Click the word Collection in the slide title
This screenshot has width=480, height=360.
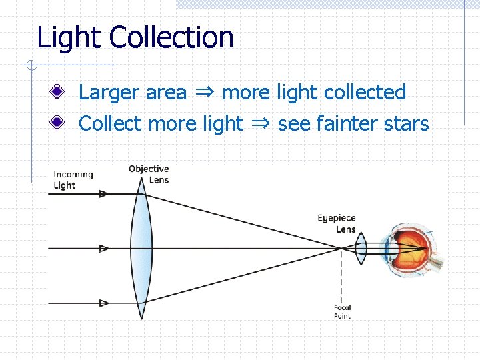(172, 37)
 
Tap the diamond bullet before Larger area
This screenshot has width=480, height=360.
(60, 92)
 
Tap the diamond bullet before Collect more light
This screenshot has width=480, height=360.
(60, 123)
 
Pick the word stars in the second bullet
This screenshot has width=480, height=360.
(406, 123)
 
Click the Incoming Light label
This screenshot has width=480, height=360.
(73, 180)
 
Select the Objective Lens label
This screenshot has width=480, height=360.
(149, 174)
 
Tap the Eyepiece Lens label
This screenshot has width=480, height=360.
(337, 223)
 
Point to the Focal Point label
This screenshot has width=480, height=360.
(342, 311)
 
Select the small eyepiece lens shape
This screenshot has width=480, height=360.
(361, 249)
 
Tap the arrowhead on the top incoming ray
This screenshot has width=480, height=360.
(103, 194)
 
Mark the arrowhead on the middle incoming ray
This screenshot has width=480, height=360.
(103, 249)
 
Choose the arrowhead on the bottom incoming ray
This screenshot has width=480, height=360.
(103, 303)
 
